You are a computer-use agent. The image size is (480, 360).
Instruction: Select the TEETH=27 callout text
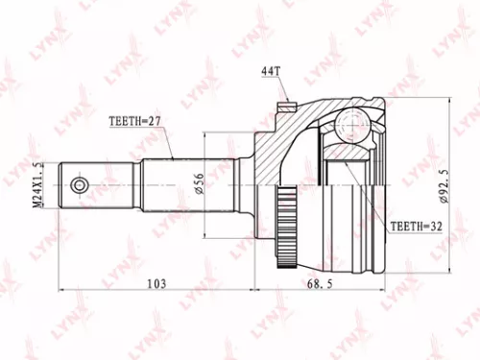click(x=132, y=121)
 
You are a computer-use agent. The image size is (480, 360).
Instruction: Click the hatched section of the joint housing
click(x=278, y=144)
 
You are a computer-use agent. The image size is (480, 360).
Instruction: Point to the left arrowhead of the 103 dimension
click(x=61, y=285)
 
